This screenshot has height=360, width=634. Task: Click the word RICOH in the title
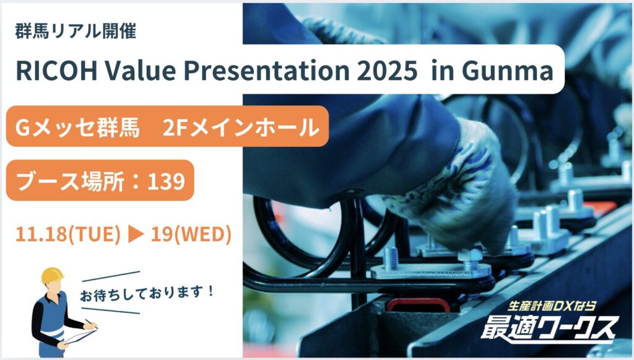click(56, 70)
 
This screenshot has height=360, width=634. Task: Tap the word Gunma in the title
click(508, 70)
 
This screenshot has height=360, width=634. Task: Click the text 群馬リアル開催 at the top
click(76, 31)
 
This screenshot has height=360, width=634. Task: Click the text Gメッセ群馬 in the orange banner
click(77, 128)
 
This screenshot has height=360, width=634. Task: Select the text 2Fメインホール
click(241, 128)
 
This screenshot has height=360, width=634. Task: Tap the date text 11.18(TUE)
click(68, 234)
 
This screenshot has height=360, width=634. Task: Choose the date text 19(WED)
click(191, 234)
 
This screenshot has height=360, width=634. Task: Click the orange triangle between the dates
click(136, 234)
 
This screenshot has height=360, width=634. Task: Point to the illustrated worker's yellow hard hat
click(52, 276)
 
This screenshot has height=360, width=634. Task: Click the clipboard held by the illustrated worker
click(80, 336)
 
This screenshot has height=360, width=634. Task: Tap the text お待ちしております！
click(147, 293)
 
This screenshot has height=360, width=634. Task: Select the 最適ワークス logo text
click(550, 328)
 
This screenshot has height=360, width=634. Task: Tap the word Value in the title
click(141, 70)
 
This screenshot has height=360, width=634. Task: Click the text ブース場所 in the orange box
click(69, 181)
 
